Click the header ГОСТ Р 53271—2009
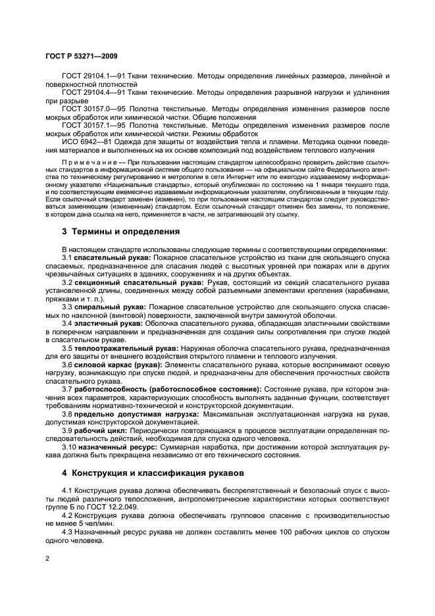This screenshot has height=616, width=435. tap(81, 57)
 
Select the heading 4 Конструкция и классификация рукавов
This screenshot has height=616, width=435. tap(145, 472)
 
